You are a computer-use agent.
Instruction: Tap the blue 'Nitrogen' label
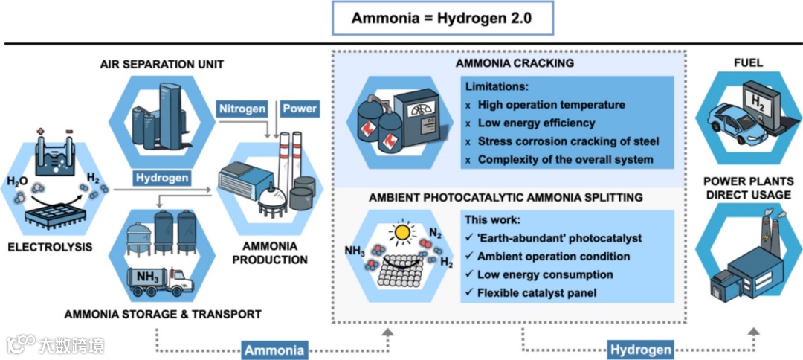click(242, 109)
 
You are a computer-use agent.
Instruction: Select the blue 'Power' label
click(300, 109)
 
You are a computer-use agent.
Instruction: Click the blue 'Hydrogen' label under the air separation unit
click(161, 178)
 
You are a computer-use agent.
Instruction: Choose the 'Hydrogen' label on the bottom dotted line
click(640, 349)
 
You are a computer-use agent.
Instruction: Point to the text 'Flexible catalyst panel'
click(536, 293)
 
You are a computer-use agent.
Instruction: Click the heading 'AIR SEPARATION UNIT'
click(161, 65)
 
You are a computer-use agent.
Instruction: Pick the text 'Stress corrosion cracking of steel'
click(568, 141)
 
